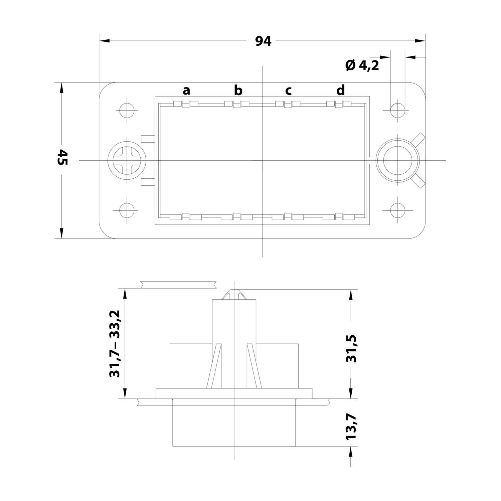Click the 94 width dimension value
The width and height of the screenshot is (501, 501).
coord(263,41)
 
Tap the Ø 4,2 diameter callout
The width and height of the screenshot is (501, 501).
coord(362,66)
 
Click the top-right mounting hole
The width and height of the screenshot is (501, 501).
coord(398,109)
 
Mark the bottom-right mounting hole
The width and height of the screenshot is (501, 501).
coord(398,211)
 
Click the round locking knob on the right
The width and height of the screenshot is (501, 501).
coord(397,160)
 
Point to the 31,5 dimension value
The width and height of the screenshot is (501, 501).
coord(352,348)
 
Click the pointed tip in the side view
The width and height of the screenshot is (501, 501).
coord(234,294)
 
